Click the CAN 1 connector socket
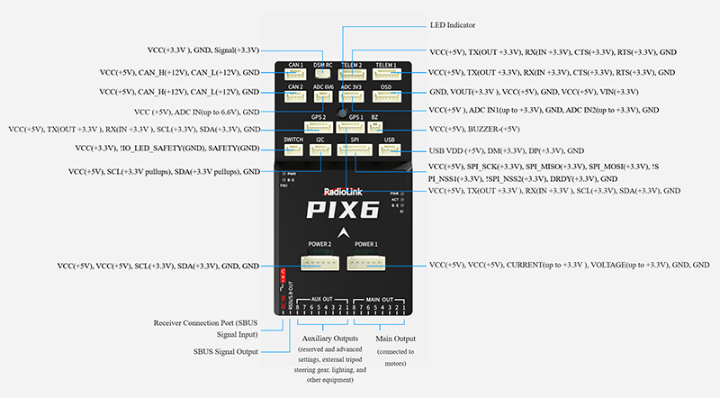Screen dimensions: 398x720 [x=295, y=75]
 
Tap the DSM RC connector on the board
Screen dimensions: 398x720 [x=322, y=75]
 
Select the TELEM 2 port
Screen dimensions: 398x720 [x=353, y=75]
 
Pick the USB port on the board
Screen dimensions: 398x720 [x=389, y=150]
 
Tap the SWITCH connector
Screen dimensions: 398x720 [x=293, y=150]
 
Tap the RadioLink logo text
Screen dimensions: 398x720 [x=343, y=191]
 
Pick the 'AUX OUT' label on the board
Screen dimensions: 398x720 [x=321, y=298]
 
